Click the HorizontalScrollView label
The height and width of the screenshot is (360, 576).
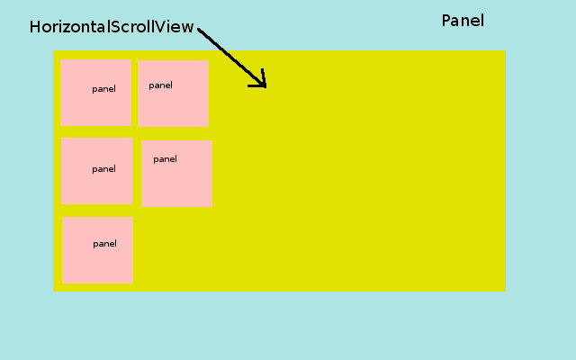112,27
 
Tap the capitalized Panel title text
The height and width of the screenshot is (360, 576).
463,21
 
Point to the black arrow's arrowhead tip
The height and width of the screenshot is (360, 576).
265,86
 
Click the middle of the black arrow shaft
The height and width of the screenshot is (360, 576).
231,58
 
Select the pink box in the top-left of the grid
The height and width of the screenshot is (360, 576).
95,92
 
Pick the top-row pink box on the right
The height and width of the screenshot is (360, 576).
173,94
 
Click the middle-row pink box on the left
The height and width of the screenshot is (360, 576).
96,171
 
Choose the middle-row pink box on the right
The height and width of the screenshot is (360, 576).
176,173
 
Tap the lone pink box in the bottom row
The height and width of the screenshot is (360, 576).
97,250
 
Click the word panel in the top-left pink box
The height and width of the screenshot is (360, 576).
103,89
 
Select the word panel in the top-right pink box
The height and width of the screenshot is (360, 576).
160,85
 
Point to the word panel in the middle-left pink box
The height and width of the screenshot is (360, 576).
103,169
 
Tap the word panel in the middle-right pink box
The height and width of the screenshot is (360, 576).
165,159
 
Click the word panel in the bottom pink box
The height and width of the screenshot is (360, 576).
104,244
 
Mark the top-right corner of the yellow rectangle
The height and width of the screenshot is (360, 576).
505,51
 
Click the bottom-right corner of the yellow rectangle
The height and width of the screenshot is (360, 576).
505,291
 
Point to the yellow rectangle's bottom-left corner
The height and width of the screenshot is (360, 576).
54,291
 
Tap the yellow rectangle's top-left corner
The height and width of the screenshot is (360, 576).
54,51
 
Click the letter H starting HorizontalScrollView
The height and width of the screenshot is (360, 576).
35,27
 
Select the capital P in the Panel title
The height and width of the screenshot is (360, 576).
446,21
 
